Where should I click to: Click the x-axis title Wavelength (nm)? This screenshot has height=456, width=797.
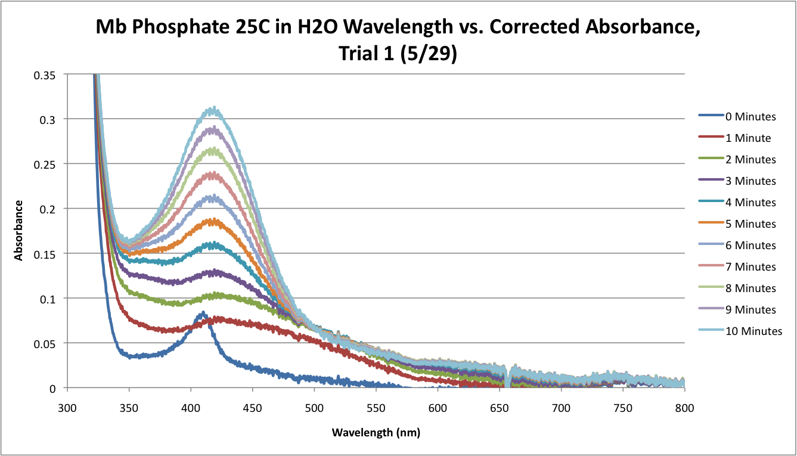click(376, 432)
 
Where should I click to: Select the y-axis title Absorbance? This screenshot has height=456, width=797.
click(18, 230)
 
